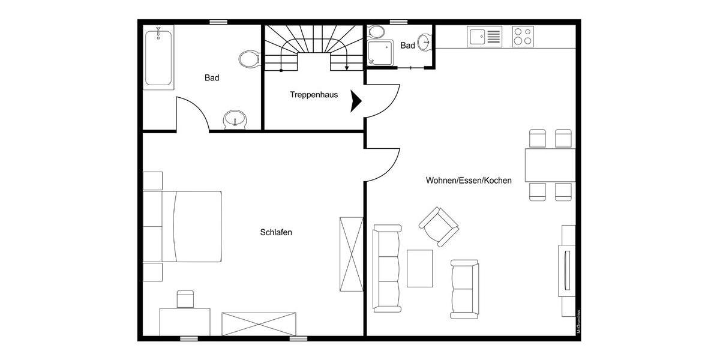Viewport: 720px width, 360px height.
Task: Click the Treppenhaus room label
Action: point(314,95)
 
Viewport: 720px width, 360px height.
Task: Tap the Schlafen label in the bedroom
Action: point(276,232)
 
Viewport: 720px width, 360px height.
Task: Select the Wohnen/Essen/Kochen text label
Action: point(469,180)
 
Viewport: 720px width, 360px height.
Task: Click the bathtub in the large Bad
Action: point(159,58)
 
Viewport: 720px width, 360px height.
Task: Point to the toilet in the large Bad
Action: point(248,59)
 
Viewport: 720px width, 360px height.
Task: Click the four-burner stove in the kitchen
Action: point(523,37)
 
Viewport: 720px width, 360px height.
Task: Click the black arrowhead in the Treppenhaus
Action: point(356,101)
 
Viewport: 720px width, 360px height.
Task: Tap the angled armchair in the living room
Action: point(439,226)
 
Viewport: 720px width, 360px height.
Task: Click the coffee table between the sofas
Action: point(420,268)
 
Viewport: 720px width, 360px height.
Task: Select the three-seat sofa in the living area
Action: point(386,268)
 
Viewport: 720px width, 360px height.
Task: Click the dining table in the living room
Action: point(550,165)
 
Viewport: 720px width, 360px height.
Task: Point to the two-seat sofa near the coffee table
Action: point(464,289)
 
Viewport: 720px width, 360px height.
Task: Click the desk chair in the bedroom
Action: point(185,299)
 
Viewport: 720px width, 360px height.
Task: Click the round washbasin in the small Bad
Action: point(425,42)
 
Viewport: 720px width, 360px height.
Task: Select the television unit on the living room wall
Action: point(566,270)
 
